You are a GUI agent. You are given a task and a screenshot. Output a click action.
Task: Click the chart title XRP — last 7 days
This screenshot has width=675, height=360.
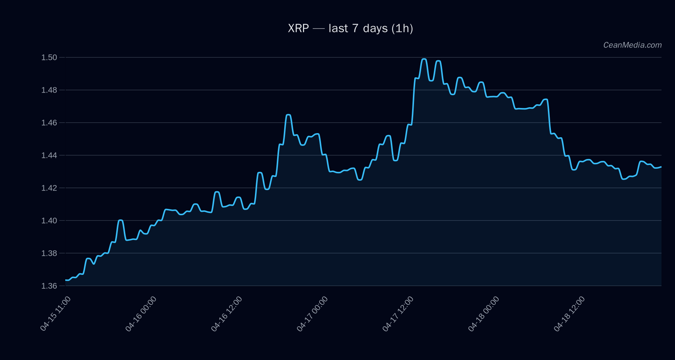[x=350, y=28]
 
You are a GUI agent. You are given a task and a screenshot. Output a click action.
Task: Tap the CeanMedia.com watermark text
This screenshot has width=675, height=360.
[x=632, y=45]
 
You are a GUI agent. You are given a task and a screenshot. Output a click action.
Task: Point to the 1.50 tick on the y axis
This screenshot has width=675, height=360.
[x=49, y=57]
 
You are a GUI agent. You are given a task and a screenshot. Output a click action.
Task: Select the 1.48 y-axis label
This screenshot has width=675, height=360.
[x=49, y=90]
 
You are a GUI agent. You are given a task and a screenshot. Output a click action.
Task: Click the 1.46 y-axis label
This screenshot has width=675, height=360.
[x=49, y=123]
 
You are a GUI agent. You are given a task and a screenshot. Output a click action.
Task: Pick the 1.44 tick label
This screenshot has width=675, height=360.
[x=49, y=155]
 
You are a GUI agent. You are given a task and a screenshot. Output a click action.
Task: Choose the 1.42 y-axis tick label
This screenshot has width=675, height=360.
[x=49, y=188]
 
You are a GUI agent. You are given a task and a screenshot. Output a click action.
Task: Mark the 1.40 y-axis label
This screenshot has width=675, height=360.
[x=49, y=220]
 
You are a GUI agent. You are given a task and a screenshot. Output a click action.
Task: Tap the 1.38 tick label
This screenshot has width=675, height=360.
[x=49, y=253]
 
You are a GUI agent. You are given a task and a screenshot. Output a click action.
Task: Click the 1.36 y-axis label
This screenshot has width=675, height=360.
[x=49, y=286]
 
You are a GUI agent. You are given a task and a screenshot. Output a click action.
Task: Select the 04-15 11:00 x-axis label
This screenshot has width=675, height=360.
[x=55, y=313]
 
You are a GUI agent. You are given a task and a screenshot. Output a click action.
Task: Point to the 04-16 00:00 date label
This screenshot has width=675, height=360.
[x=141, y=313]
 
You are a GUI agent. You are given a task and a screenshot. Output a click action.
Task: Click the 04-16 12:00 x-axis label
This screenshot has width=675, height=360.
[x=226, y=313]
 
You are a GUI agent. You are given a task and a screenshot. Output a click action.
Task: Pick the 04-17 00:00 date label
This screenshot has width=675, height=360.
[x=312, y=313]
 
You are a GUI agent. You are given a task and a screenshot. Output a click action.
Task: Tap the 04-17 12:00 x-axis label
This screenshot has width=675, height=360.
[x=398, y=313]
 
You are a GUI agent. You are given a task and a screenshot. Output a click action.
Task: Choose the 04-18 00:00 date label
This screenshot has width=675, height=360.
[x=484, y=313]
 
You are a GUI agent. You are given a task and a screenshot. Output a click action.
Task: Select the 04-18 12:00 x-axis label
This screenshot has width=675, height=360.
[x=569, y=313]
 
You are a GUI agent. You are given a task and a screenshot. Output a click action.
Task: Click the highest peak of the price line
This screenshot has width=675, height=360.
[x=424, y=59]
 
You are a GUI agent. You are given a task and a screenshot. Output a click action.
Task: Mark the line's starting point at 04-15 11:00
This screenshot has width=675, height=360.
[x=66, y=280]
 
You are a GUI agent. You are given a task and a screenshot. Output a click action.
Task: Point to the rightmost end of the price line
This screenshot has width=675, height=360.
[x=661, y=167]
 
